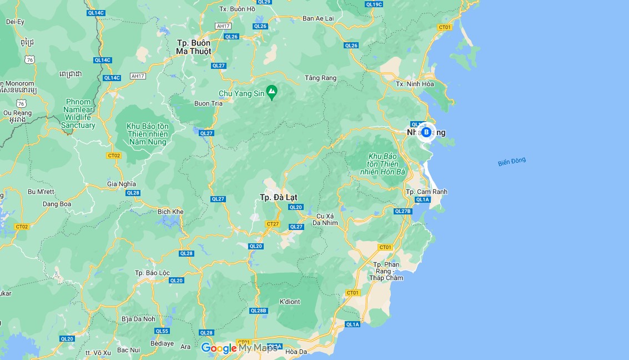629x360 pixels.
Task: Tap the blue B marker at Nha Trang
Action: click(x=426, y=132)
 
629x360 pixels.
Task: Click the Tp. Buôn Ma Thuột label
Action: click(x=194, y=47)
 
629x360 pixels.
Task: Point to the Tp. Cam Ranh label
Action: click(x=426, y=192)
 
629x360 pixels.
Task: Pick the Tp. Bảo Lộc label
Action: click(x=153, y=273)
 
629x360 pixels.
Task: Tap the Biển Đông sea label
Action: click(x=511, y=162)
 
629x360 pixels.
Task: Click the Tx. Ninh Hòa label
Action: click(x=414, y=84)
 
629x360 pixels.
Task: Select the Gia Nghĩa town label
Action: click(x=122, y=184)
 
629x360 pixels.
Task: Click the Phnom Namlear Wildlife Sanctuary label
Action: click(x=78, y=113)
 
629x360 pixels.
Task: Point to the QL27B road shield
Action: click(x=402, y=211)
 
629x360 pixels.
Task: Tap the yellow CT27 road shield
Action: click(x=273, y=224)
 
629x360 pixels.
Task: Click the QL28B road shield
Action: click(x=259, y=311)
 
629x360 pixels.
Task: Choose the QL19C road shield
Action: click(x=374, y=4)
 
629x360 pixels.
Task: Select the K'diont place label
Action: click(x=289, y=302)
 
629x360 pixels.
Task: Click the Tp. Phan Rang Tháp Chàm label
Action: click(x=386, y=271)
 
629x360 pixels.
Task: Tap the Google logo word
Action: click(x=219, y=348)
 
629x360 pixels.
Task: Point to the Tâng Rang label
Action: click(x=321, y=78)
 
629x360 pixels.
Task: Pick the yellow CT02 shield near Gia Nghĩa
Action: click(x=114, y=156)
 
